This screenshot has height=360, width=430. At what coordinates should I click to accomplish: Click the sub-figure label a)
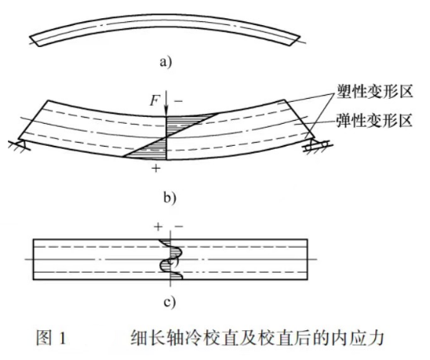(x=166, y=62)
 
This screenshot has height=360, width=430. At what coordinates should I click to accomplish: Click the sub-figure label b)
(x=169, y=198)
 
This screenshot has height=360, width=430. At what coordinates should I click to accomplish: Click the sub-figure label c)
(x=169, y=303)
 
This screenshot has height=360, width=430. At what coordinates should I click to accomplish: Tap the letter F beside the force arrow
(x=155, y=100)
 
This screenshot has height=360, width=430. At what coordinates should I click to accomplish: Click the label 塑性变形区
(x=374, y=91)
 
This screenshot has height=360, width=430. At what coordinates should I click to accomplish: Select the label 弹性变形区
(x=374, y=120)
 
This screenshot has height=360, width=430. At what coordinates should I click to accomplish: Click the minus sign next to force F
(x=178, y=101)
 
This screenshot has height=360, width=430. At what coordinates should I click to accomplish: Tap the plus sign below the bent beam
(x=156, y=168)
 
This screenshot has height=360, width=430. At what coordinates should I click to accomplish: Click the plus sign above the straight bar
(x=158, y=227)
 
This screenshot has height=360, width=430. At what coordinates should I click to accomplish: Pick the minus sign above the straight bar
(x=179, y=227)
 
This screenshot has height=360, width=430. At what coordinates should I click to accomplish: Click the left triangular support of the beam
(x=21, y=144)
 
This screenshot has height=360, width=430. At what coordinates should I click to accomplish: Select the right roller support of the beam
(x=318, y=144)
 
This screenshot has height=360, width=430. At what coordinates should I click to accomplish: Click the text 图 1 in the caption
(x=51, y=338)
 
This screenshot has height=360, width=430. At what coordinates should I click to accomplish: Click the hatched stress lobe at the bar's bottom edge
(x=177, y=275)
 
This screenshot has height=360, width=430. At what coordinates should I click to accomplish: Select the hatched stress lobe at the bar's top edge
(x=166, y=243)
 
